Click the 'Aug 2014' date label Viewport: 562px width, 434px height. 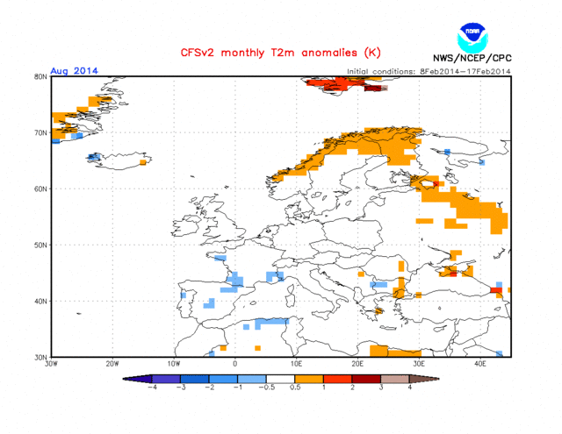[x=74, y=71]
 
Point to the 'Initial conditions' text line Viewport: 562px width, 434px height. [x=429, y=72]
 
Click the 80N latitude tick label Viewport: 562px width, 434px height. [x=40, y=77]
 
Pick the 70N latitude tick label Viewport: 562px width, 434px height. [x=40, y=133]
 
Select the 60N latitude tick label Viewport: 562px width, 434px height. [x=40, y=189]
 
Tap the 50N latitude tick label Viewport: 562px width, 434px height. [x=40, y=245]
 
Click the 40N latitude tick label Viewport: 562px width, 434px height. [x=40, y=302]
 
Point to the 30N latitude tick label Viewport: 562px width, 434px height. [x=40, y=358]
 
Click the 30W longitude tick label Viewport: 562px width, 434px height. [x=51, y=363]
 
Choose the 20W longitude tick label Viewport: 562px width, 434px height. [x=112, y=363]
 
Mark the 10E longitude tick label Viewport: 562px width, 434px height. [x=296, y=363]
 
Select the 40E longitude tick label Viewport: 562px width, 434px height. [x=480, y=363]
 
